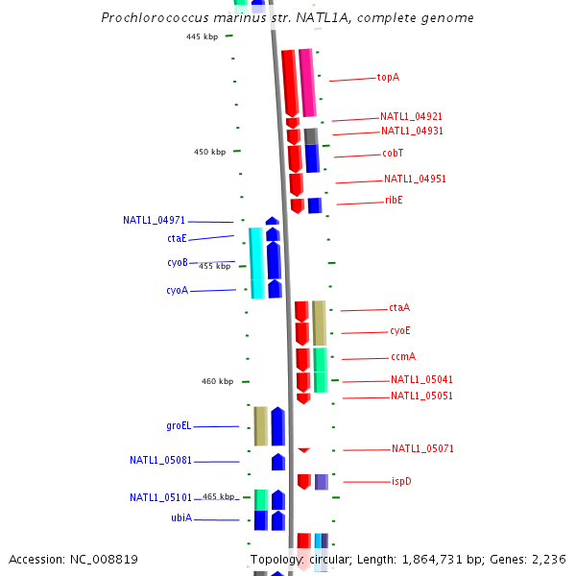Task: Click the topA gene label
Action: (388, 77)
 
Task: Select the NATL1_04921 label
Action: (411, 116)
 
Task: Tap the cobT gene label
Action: (393, 153)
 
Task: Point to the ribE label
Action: (394, 200)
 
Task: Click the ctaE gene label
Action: (177, 238)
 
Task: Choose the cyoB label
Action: (177, 262)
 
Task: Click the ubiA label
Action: (181, 517)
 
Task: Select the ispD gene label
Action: (401, 481)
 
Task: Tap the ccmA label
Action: (403, 356)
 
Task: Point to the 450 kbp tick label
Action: (209, 152)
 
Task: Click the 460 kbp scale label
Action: (217, 381)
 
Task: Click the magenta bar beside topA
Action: (307, 83)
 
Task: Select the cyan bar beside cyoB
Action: (256, 262)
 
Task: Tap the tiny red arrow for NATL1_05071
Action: (304, 449)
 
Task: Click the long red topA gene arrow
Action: (289, 83)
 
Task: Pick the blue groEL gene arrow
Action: (277, 426)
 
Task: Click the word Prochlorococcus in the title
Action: (150, 18)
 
